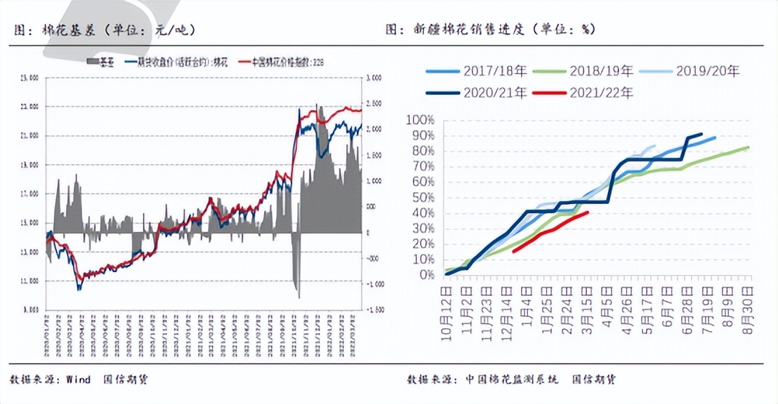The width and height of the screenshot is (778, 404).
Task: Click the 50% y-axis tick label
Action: pos(423,197)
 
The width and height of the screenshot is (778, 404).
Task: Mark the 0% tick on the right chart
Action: pos(426,274)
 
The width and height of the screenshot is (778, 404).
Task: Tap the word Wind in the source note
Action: pos(79,379)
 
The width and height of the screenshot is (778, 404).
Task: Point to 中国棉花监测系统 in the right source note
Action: pos(512,379)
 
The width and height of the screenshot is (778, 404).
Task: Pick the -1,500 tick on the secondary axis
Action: pos(375,309)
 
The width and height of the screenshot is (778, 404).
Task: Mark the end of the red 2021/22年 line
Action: pos(587,212)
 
